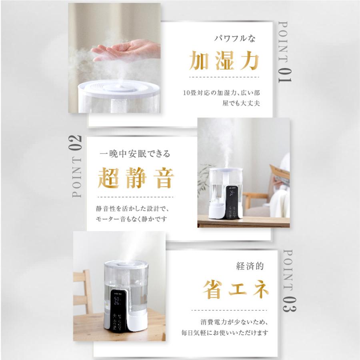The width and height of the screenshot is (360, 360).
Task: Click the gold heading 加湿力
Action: [x=224, y=61]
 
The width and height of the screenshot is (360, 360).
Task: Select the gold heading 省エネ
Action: [x=236, y=289]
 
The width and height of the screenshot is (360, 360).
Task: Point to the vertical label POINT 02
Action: [x=77, y=166]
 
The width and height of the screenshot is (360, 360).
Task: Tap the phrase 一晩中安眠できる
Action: [x=135, y=154]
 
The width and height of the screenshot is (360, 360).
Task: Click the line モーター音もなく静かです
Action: [x=131, y=219]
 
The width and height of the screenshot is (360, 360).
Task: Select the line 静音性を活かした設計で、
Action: [x=134, y=208]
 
